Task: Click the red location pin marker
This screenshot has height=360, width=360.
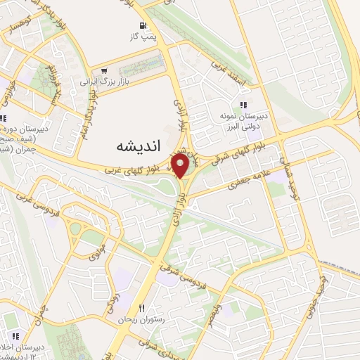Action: tap(180, 167)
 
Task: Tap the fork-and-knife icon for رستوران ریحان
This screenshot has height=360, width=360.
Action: tap(141, 309)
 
